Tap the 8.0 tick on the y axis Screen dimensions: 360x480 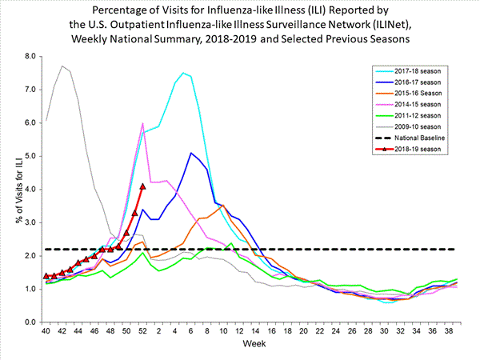tap(30, 56)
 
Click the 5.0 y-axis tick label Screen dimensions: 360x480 tap(30, 156)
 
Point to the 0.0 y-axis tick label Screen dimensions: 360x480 tap(30, 322)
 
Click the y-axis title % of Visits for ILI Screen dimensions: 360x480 tap(10, 189)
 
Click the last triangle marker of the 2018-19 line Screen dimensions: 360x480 tap(142, 186)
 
